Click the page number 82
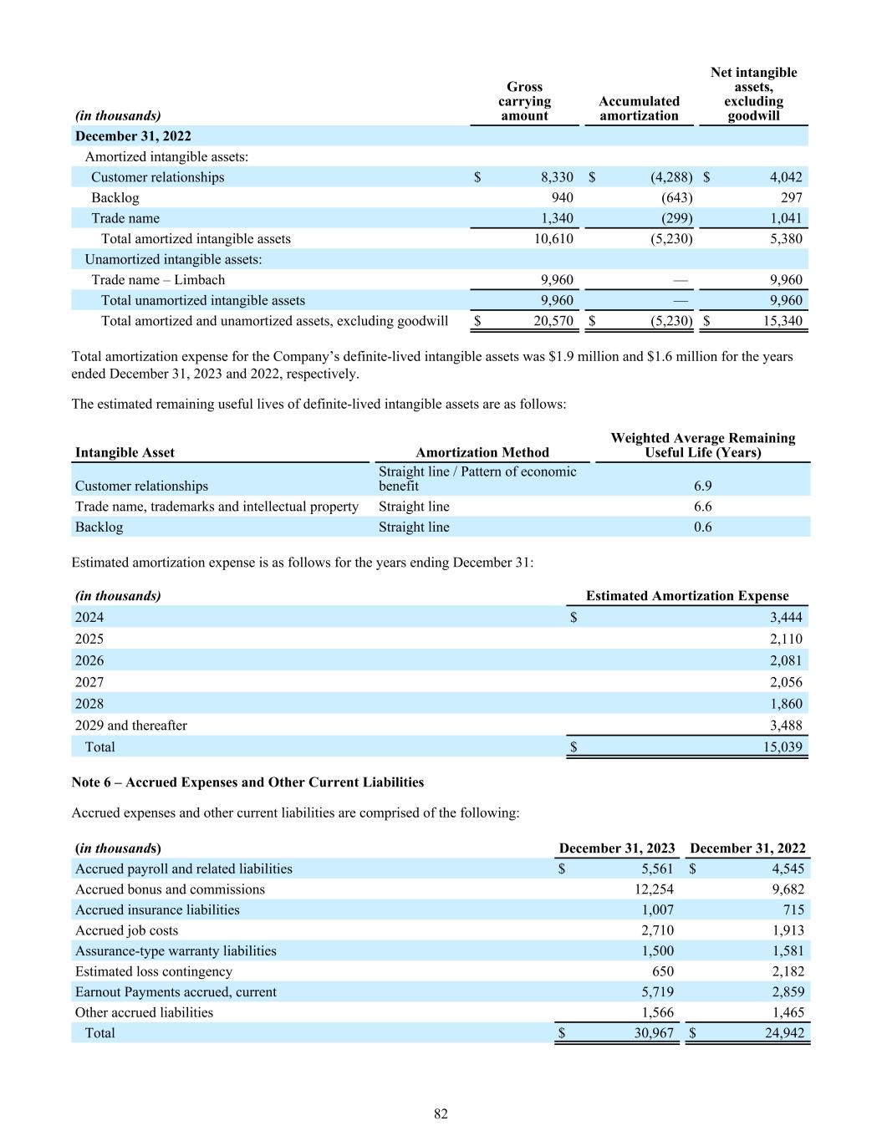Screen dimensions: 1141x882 tap(441, 1113)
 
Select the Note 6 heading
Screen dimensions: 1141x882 tap(247, 782)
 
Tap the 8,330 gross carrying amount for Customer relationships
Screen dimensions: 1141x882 tap(557, 177)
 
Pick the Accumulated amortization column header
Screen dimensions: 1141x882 tap(639, 109)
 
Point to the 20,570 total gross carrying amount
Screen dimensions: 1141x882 tap(553, 321)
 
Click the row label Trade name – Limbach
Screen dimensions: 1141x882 tap(158, 280)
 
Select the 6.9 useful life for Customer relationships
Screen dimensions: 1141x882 tap(702, 486)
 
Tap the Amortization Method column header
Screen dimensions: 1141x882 tap(482, 452)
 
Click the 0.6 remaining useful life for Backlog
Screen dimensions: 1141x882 tap(702, 527)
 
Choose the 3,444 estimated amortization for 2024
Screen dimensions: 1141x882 tap(785, 618)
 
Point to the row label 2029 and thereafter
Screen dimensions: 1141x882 tap(131, 726)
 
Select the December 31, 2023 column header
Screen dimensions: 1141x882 tap(617, 848)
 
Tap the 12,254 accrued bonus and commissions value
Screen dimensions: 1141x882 tap(654, 889)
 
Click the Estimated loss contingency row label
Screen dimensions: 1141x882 tap(154, 971)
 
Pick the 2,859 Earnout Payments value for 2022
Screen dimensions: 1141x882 tap(787, 992)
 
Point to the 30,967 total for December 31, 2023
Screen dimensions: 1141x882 tap(653, 1033)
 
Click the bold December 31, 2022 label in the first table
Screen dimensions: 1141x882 tap(133, 136)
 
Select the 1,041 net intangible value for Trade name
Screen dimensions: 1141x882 tap(785, 218)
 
